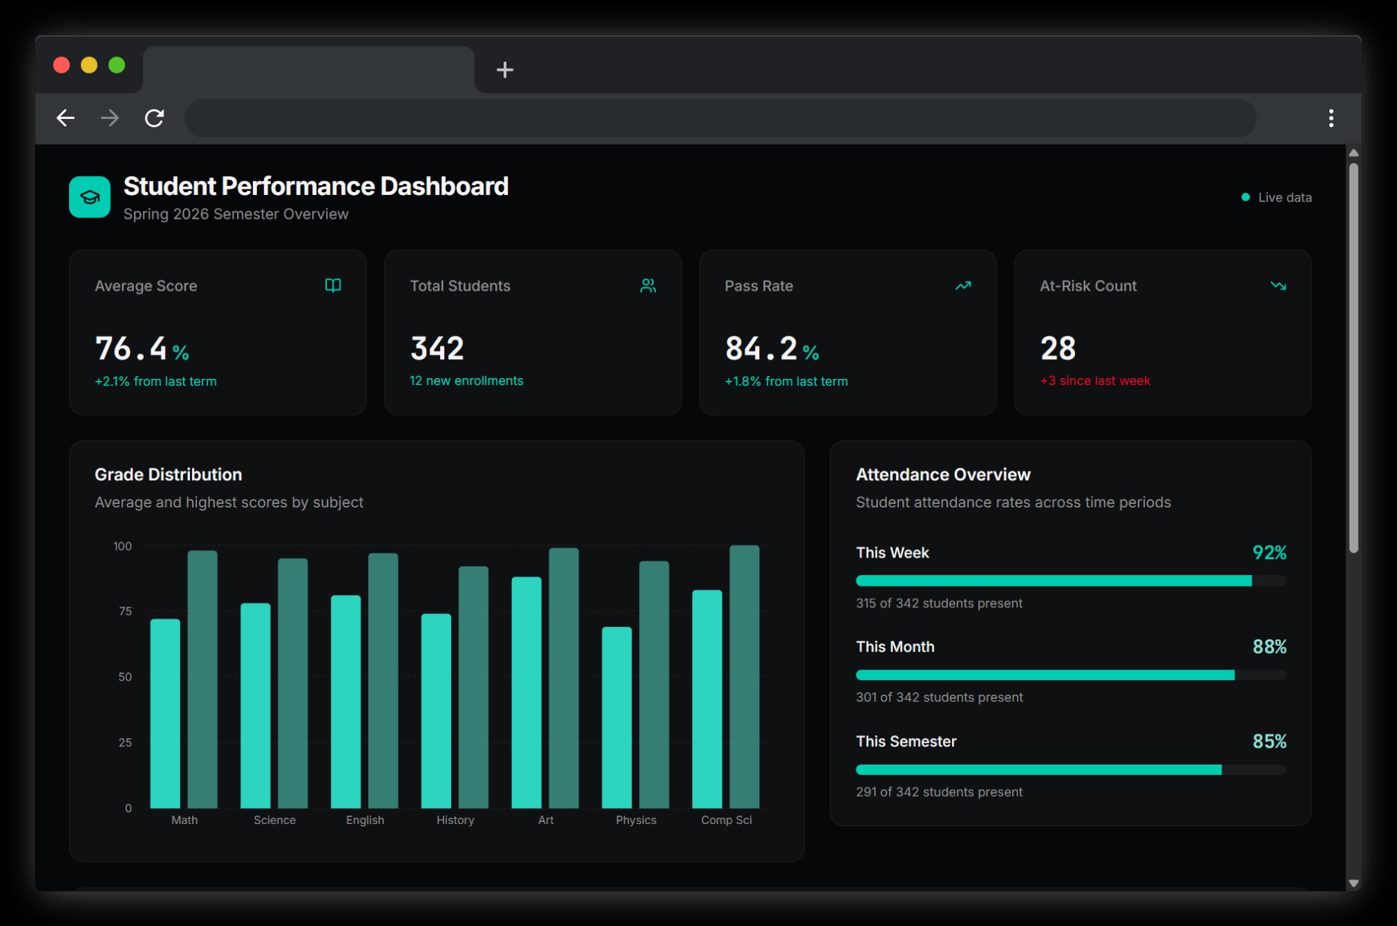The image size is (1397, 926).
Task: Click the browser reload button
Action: (154, 118)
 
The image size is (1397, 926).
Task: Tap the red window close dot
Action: (61, 65)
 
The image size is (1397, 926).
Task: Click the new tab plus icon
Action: (504, 70)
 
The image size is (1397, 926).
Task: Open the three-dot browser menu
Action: (1331, 118)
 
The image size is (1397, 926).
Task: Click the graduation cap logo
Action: (89, 197)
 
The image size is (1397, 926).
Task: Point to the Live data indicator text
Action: (1284, 198)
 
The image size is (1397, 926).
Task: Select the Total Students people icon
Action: (648, 286)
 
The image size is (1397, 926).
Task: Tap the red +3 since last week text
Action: (1095, 381)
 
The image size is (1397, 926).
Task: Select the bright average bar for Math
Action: (165, 713)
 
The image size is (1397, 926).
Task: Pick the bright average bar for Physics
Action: (617, 717)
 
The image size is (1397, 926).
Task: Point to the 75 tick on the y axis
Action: (125, 612)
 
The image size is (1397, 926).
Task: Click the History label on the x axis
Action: (455, 820)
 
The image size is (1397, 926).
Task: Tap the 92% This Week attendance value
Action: (1268, 553)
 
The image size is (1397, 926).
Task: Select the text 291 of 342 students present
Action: (939, 792)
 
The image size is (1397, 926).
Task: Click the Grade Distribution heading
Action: (168, 475)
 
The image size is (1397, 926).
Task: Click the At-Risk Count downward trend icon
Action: (1278, 286)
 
